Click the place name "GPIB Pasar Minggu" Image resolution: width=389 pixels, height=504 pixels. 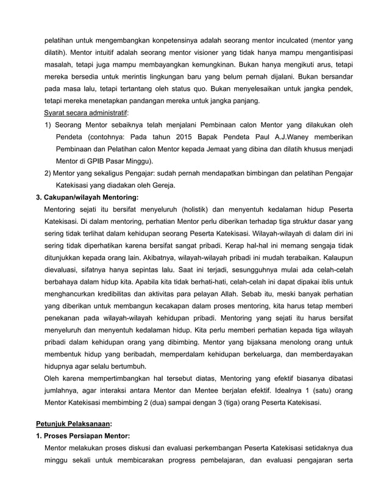[120, 161]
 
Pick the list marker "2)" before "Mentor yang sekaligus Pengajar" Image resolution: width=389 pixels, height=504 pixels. [48, 173]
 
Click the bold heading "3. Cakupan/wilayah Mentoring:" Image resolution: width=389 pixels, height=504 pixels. [87, 197]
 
